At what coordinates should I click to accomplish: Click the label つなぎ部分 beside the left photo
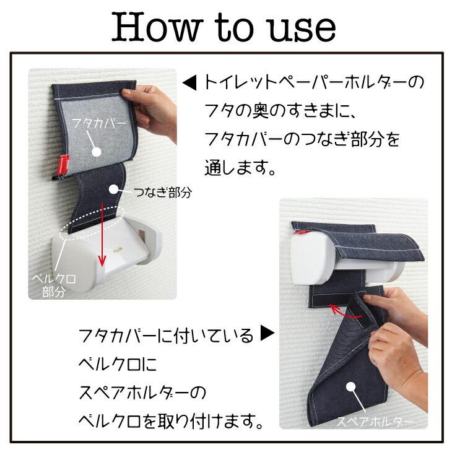(163, 193)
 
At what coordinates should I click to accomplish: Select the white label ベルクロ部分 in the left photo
(54, 285)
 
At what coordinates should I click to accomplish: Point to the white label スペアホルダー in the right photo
(375, 422)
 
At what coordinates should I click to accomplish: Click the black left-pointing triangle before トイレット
(191, 82)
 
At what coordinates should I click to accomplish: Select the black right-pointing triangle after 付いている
(267, 334)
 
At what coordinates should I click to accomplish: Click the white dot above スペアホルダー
(352, 386)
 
